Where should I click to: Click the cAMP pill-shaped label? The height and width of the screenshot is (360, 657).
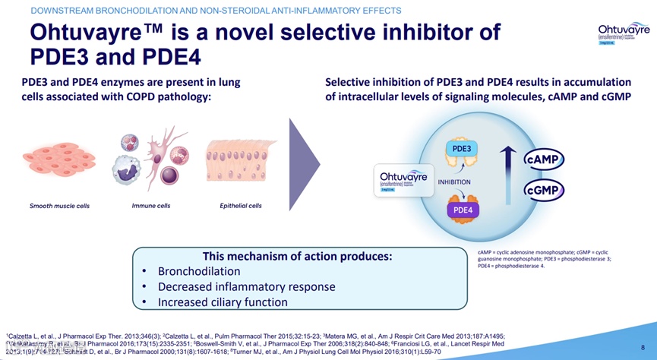point(544,159)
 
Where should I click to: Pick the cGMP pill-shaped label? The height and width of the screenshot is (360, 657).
point(544,190)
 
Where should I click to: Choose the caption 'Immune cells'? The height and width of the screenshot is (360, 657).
point(151,206)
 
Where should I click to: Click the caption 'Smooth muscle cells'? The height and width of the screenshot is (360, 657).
point(59,206)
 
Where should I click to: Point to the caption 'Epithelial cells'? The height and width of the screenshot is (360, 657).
point(241,206)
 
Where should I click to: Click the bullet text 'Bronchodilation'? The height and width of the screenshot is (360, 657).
point(199,271)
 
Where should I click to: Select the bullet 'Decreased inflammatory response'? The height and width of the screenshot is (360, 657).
point(246,286)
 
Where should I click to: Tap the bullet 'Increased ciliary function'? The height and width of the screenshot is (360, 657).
point(223,302)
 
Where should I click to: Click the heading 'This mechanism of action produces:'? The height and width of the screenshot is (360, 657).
point(297,256)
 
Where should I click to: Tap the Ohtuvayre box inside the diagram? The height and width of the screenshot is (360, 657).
point(404,182)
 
